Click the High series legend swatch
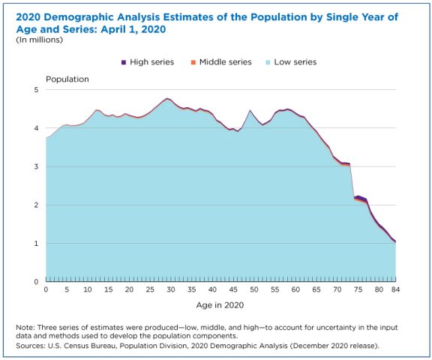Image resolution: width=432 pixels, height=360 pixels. [x=124, y=62]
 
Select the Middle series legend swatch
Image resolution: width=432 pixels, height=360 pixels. [x=193, y=62]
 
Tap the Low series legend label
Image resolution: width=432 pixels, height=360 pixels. [x=295, y=62]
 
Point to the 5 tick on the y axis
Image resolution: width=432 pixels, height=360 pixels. [x=36, y=90]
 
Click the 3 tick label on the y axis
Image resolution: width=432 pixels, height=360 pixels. [x=36, y=166]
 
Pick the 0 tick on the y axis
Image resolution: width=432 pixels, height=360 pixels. [x=36, y=281]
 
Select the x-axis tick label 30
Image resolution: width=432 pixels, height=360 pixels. [x=171, y=289]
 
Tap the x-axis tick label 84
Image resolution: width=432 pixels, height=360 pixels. [x=395, y=289]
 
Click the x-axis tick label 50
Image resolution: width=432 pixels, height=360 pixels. [x=254, y=289]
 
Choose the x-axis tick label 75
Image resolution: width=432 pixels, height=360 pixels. [x=358, y=289]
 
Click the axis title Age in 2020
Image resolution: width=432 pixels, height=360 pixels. [x=220, y=305]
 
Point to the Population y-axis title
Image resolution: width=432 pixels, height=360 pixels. [x=67, y=79]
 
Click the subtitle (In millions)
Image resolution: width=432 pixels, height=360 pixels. [x=40, y=40]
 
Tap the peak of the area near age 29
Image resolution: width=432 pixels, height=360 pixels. [x=166, y=98]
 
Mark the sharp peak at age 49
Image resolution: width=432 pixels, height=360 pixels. [x=250, y=110]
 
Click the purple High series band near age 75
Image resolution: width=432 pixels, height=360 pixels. [x=359, y=197]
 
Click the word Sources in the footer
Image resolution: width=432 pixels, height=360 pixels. [x=31, y=346]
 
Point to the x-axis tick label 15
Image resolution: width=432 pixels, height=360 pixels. [x=108, y=289]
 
